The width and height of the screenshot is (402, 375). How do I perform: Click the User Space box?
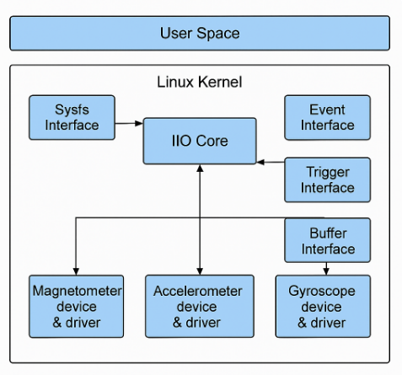tap(200, 34)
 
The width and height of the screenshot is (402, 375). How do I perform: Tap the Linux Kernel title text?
tap(200, 83)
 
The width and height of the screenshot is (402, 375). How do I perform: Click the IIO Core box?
tap(200, 141)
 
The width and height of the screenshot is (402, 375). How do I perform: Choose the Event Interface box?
tap(327, 117)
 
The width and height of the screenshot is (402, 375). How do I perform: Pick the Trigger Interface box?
tap(327, 179)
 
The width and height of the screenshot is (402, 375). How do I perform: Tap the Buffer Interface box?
tap(327, 240)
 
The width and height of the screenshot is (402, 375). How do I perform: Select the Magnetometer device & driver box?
tap(77, 306)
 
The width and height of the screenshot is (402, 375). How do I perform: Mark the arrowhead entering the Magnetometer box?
tap(77, 271)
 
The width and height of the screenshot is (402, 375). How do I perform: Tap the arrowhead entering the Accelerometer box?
tap(200, 271)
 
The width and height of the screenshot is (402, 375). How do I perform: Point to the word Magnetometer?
tap(77, 291)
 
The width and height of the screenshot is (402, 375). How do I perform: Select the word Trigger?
tap(327, 172)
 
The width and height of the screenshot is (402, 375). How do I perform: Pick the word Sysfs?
tap(71, 110)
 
